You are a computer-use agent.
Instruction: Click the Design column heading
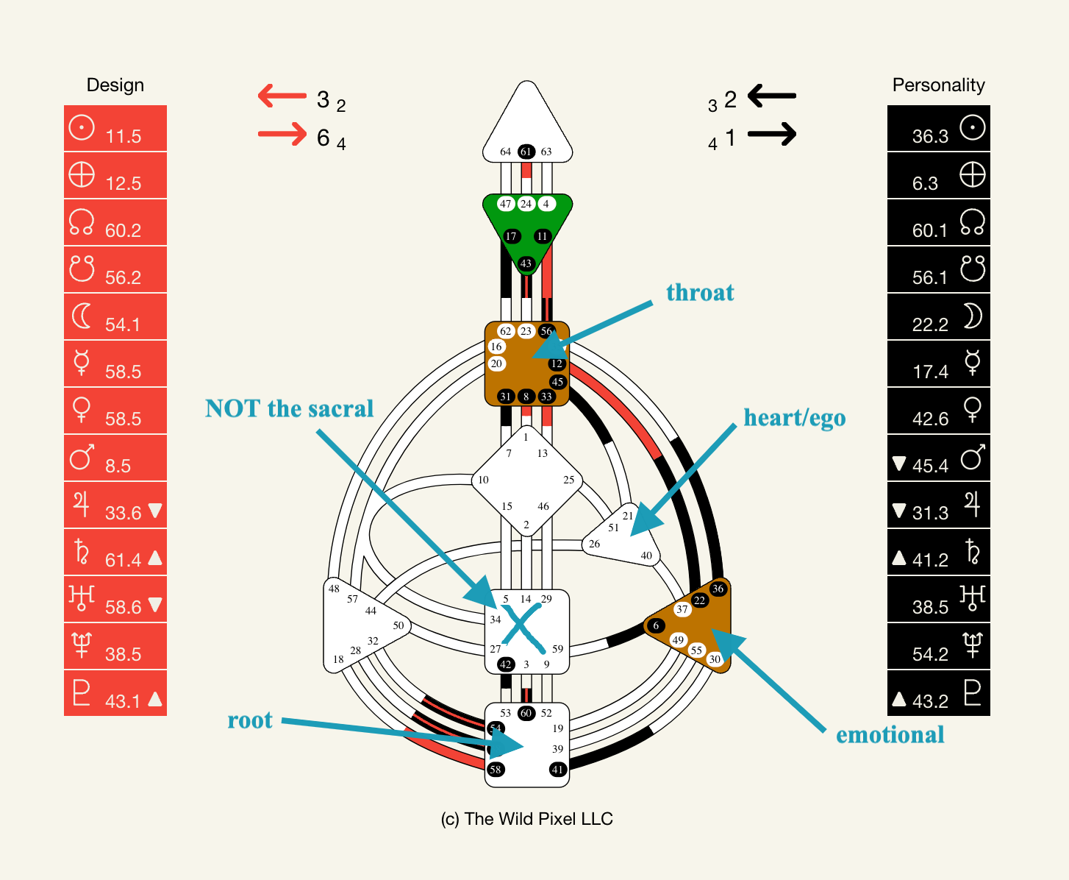click(115, 85)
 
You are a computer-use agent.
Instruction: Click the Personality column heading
click(938, 85)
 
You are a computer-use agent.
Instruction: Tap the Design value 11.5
click(123, 136)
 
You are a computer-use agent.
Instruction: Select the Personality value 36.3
click(930, 136)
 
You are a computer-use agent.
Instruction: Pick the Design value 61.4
click(123, 560)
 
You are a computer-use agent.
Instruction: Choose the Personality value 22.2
click(930, 324)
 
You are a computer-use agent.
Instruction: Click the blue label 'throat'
click(700, 293)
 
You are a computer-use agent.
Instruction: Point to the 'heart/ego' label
click(794, 418)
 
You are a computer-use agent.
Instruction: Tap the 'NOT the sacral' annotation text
click(289, 409)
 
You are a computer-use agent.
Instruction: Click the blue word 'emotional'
click(890, 735)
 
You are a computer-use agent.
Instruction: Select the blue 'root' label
click(250, 720)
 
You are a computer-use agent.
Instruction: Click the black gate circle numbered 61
click(526, 152)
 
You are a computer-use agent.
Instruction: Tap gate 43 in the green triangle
click(526, 263)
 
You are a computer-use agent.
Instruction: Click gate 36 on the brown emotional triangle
click(718, 589)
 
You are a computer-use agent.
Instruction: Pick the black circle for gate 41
click(558, 770)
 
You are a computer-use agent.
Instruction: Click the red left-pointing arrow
click(282, 96)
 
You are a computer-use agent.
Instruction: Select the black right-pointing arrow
click(772, 134)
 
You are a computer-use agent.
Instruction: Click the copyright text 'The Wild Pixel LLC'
click(527, 819)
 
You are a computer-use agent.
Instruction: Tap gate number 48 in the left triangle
click(334, 589)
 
